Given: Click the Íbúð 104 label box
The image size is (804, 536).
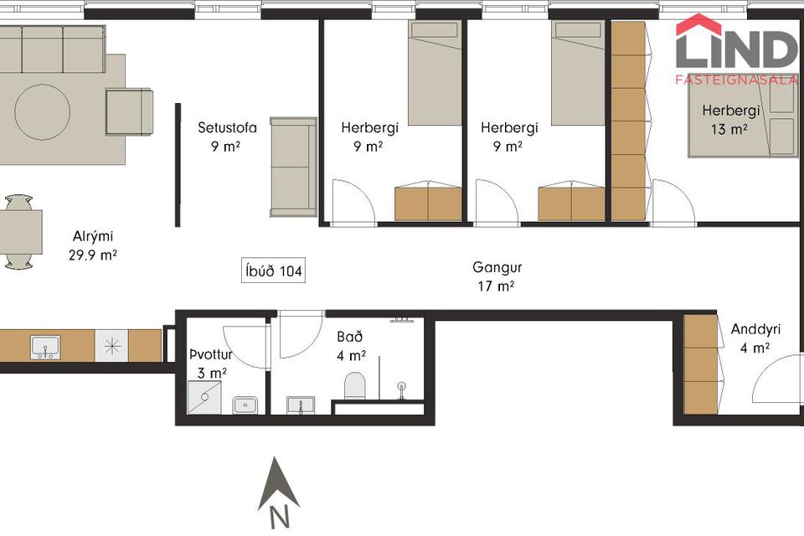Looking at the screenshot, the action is coord(273,271).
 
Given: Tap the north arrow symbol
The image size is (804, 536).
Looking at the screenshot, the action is coord(278,492).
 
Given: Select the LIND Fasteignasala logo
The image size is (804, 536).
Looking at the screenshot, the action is coord(737,49).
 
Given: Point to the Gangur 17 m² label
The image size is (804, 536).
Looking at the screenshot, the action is coord(497,276).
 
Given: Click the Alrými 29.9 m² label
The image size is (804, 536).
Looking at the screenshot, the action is coord(93,245).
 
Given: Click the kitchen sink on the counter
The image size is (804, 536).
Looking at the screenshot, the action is coord(45,348).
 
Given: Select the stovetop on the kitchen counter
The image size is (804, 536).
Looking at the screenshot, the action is coord(111,346).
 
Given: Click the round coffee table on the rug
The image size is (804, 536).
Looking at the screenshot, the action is coord(42,112).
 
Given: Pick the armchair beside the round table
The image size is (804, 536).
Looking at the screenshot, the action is coord(129,112).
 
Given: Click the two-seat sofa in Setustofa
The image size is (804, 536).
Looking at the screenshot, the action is coord(293,167).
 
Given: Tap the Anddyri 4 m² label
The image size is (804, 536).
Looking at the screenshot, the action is coord(755,338).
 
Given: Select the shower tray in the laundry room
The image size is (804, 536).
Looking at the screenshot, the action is coord(204,398).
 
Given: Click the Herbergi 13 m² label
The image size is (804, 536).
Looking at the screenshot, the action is coord(730,120).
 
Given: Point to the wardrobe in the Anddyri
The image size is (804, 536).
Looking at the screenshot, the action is coord(703,364).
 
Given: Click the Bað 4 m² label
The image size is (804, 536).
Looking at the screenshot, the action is coord(351,346).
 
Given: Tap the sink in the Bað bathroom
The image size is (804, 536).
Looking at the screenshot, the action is coord(301,405).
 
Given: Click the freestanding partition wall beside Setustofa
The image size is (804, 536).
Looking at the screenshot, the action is coord(178,165).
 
